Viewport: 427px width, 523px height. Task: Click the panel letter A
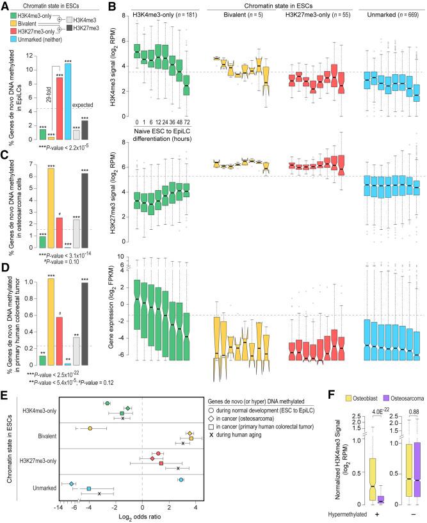pyautogui.click(x=5, y=6)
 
